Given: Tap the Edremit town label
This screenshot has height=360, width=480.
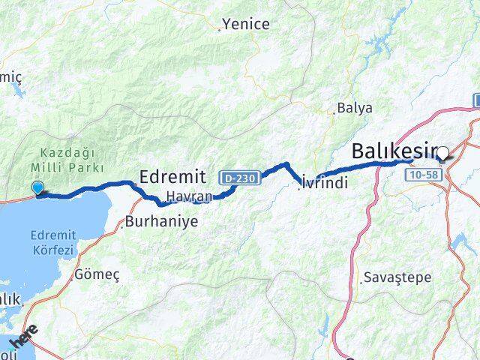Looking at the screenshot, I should (x=172, y=177).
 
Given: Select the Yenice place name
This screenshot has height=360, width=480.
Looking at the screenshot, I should (x=246, y=24).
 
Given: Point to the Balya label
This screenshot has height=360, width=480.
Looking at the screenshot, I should (x=355, y=107).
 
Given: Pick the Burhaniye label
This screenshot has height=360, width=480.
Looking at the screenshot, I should (x=162, y=223).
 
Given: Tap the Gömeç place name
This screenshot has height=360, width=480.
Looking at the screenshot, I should (x=97, y=274).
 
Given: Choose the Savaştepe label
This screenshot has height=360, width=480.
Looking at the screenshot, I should (x=397, y=277).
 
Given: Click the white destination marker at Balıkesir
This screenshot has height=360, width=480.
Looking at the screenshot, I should (x=442, y=154).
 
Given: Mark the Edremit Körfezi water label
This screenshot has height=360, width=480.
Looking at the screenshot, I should (x=52, y=244).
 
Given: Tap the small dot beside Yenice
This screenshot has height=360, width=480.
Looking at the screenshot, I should (x=220, y=29).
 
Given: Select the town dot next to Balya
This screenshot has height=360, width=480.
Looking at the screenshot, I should (x=334, y=113).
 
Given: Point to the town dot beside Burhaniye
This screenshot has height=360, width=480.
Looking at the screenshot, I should (x=121, y=223).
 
